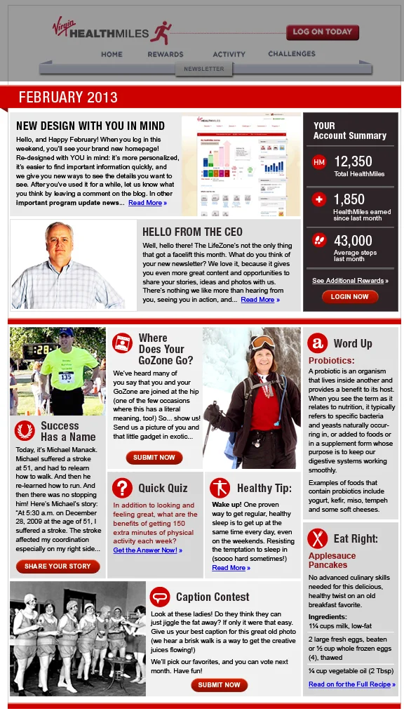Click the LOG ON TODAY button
pos(322,32)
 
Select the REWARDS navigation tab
pos(166,54)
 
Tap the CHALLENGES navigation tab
pos(292,53)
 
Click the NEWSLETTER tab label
pos(204,69)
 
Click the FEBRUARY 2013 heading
pos(68,97)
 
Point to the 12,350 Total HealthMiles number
pos(353,161)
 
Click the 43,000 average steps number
pos(353,241)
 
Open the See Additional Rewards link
pos(349,281)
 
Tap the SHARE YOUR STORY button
pos(58,566)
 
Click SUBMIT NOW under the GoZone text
pos(154,458)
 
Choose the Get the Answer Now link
pos(147,550)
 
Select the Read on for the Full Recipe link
pos(351,684)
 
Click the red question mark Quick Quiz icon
pos(122,488)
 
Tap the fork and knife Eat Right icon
pos(317,539)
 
